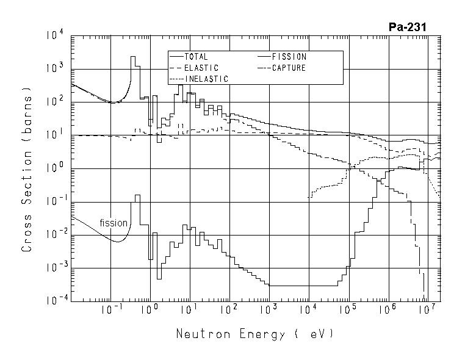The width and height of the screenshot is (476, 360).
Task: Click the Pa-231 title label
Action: [x=407, y=27]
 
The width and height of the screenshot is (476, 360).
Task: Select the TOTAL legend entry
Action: [x=195, y=57]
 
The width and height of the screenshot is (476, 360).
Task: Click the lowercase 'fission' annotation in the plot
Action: [x=114, y=223]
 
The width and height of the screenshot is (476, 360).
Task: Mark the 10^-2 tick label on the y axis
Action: [x=54, y=235]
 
